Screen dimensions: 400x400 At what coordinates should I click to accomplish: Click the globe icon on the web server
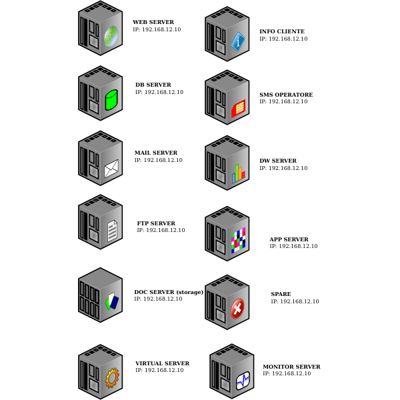111,37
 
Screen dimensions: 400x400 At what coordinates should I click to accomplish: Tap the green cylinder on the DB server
111,100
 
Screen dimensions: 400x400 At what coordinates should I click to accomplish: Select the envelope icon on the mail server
111,169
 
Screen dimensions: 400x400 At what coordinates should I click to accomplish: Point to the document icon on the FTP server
113,231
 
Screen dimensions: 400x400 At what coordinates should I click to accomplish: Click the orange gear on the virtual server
112,377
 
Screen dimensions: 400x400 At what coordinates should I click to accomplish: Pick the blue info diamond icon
238,42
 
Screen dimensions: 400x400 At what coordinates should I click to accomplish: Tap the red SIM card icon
238,109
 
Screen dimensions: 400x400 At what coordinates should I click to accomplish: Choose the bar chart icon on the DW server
238,174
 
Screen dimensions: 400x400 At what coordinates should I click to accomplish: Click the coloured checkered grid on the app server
238,240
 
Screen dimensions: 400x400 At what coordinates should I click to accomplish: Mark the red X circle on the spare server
237,309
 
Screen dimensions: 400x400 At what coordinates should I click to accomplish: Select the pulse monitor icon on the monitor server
243,381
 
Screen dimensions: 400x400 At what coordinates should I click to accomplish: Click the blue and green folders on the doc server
112,301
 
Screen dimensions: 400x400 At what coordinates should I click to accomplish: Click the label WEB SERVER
153,22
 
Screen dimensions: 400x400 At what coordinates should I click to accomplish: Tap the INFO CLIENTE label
282,31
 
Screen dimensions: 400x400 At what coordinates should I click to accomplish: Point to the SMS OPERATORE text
286,95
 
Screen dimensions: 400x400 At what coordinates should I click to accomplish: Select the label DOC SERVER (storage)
169,292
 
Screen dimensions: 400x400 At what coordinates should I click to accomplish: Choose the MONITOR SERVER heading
291,367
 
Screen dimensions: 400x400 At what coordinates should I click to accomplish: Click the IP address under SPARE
295,301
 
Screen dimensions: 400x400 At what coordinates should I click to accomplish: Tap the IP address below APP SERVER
293,246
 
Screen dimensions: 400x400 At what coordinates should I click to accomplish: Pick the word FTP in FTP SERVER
143,223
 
